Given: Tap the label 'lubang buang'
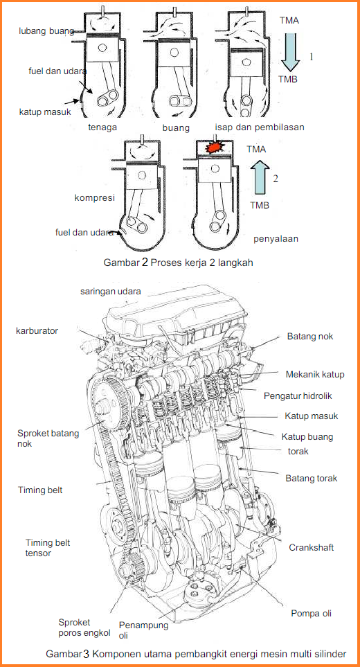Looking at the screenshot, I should (x=46, y=30).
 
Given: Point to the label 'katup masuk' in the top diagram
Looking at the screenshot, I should (x=45, y=112).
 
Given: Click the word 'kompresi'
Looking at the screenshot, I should (x=93, y=198).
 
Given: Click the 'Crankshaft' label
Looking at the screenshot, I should (x=311, y=547).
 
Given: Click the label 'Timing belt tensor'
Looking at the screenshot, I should (x=48, y=548).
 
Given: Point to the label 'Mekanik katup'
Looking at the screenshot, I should (x=314, y=375).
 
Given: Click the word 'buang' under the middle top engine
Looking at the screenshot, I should (x=176, y=128).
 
